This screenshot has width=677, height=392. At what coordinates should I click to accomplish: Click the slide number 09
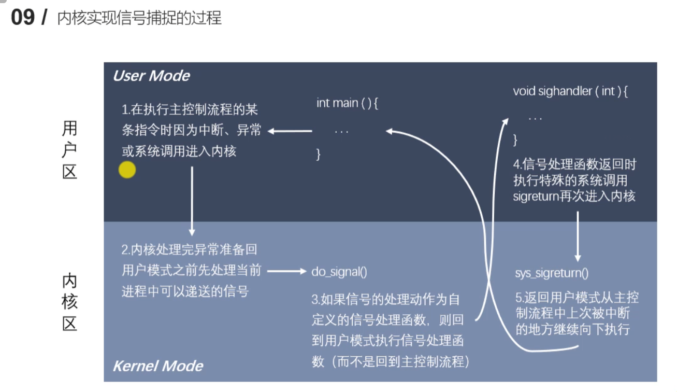(22, 18)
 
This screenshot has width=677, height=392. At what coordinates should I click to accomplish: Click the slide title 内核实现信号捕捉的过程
(139, 19)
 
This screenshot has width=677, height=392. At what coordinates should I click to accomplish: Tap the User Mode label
(151, 76)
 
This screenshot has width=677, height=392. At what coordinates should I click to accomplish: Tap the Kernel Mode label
(158, 366)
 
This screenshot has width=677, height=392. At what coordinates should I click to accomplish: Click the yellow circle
(127, 170)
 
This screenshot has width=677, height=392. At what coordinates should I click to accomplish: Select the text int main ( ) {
(347, 103)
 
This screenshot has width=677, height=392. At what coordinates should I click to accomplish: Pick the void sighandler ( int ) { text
(570, 92)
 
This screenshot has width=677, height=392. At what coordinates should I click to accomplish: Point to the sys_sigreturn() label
(551, 273)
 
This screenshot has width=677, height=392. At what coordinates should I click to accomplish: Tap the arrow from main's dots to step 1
(290, 131)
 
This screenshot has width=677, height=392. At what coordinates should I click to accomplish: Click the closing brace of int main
(319, 154)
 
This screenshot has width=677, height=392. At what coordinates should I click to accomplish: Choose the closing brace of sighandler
(515, 139)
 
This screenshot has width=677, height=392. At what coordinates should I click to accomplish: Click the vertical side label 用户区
(69, 150)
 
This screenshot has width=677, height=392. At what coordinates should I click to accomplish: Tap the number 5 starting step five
(518, 298)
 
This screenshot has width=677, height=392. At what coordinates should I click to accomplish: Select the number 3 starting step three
(315, 300)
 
